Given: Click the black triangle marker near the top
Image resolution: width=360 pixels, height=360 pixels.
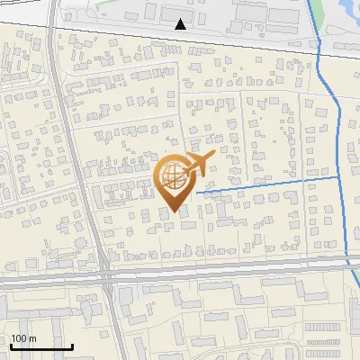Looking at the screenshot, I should [182, 23].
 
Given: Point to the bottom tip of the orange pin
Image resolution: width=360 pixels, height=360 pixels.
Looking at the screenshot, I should [175, 212].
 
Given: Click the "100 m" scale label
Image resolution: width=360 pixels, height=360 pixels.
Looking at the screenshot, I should [23, 338].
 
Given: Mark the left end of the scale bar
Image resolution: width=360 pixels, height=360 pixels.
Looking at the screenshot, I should [10, 346].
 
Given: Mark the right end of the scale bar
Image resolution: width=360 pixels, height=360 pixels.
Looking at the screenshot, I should [72, 346].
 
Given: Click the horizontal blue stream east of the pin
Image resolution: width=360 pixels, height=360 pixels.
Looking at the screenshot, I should [270, 184].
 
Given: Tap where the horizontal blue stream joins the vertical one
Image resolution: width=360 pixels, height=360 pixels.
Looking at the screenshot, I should [340, 177].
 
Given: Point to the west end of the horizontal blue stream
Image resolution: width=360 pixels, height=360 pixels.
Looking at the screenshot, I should [196, 192].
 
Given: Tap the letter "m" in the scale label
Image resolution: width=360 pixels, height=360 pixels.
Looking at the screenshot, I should [32, 338].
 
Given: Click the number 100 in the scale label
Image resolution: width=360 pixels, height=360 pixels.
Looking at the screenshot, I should [19, 338].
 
